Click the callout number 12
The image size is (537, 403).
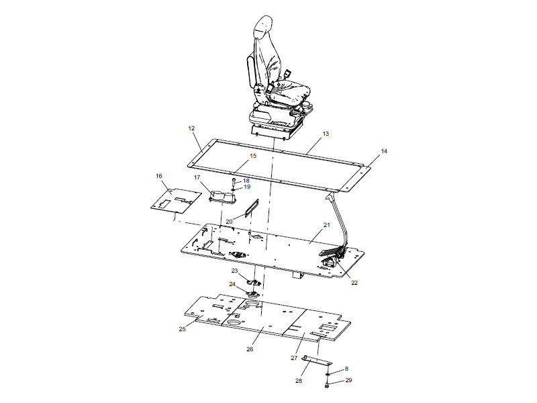[x=191, y=128]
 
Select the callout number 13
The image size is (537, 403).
[x=326, y=134]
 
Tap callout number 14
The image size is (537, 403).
[x=384, y=152]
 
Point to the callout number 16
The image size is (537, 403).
[x=159, y=176]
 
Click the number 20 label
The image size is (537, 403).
[x=229, y=221]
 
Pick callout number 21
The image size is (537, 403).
[x=327, y=224]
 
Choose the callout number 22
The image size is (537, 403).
[x=354, y=282]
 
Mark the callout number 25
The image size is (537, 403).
[x=182, y=329]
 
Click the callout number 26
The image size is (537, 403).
[x=250, y=349]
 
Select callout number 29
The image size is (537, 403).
[x=348, y=381]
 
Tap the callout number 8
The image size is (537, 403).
[x=346, y=369]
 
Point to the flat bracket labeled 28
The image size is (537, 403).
[x=313, y=361]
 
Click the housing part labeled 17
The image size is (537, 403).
[x=222, y=196]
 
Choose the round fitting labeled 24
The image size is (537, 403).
[x=254, y=292]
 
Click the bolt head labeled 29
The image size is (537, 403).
[x=326, y=384]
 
